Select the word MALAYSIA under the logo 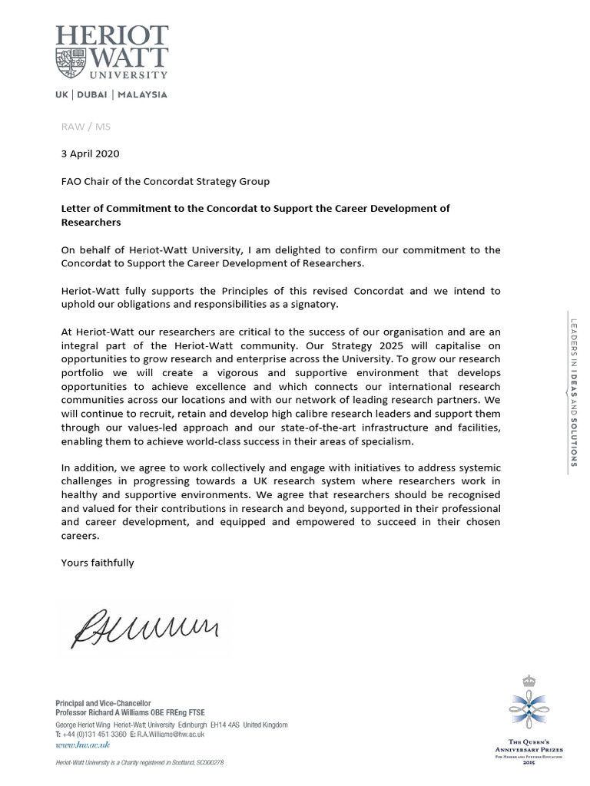point(142,95)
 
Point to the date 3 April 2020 point(90,154)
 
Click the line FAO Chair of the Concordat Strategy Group point(165,181)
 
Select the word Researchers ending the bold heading point(91,222)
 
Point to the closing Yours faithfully point(98,563)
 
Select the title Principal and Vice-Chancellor point(104,703)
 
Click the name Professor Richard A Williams point(107,713)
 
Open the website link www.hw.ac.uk point(83,745)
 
